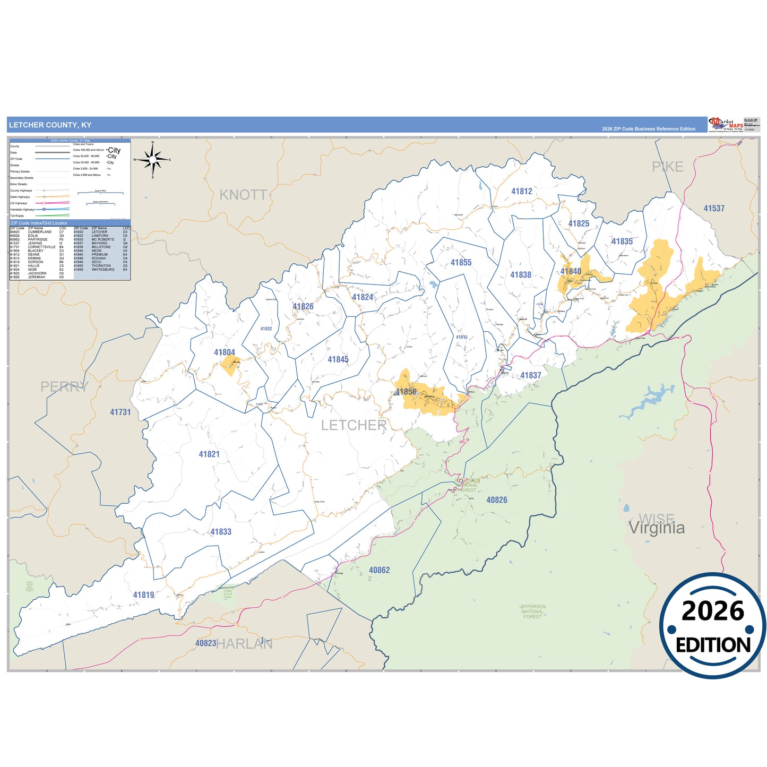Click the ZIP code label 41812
pyautogui.click(x=521, y=192)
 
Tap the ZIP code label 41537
pyautogui.click(x=714, y=209)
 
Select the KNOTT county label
pyautogui.click(x=243, y=195)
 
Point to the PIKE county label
pyautogui.click(x=667, y=167)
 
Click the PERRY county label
pyautogui.click(x=64, y=386)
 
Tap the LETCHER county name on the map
pyautogui.click(x=354, y=425)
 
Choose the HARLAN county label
pyautogui.click(x=244, y=644)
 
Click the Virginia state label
pyautogui.click(x=657, y=528)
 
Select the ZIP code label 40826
pyautogui.click(x=496, y=500)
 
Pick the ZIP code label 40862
pyautogui.click(x=379, y=570)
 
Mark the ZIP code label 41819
pyautogui.click(x=143, y=595)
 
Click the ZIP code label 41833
pyautogui.click(x=220, y=532)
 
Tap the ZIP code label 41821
pyautogui.click(x=209, y=454)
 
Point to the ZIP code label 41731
pyautogui.click(x=120, y=412)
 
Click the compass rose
pyautogui.click(x=153, y=159)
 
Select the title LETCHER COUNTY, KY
pyautogui.click(x=50, y=125)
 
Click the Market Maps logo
pyautogui.click(x=726, y=124)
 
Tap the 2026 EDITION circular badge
pyautogui.click(x=712, y=626)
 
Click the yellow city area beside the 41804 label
pyautogui.click(x=230, y=366)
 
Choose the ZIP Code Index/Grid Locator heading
pyautogui.click(x=39, y=223)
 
